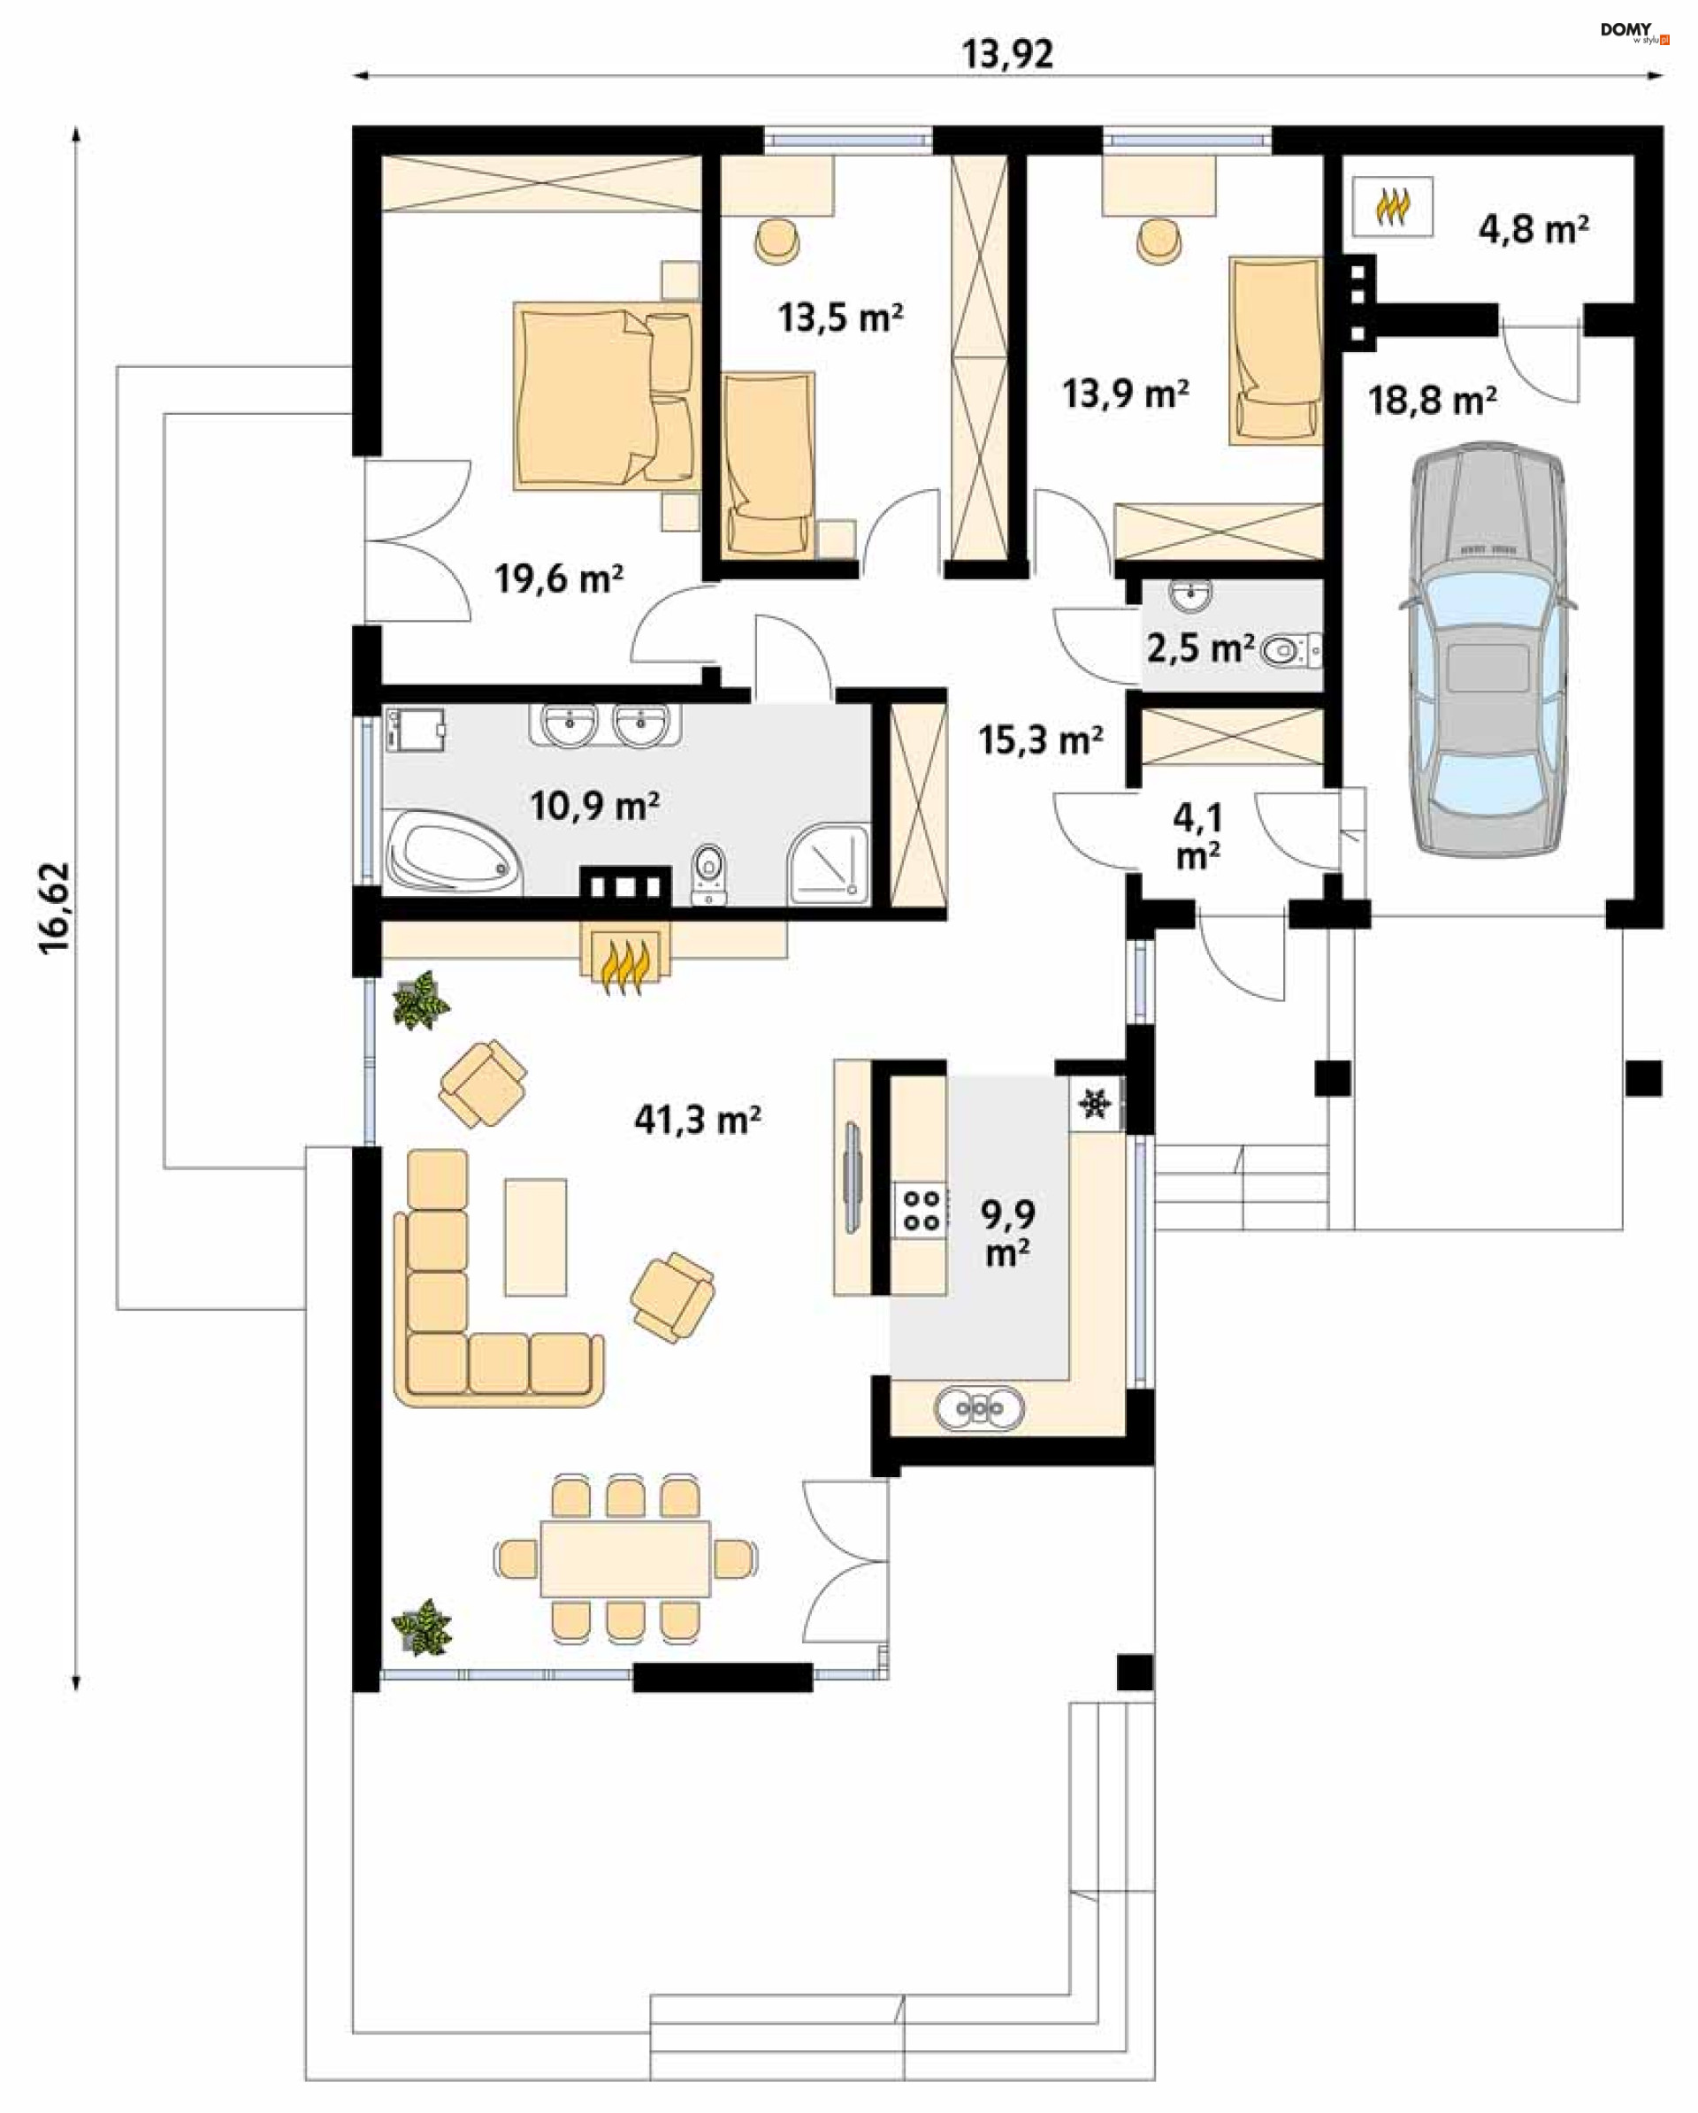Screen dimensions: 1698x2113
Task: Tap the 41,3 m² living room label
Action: (698, 1119)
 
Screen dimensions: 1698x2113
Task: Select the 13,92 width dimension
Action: (1007, 54)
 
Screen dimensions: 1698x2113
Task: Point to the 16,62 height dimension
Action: (55, 907)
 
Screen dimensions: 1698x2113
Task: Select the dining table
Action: (625, 1558)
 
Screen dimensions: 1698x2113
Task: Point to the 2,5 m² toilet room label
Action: (1200, 647)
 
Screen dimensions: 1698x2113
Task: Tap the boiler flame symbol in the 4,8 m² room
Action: (1393, 207)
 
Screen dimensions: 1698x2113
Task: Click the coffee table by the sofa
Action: (535, 1236)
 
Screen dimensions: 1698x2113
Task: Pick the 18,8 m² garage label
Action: (1432, 400)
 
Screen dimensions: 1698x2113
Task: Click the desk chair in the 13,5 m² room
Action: (778, 241)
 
